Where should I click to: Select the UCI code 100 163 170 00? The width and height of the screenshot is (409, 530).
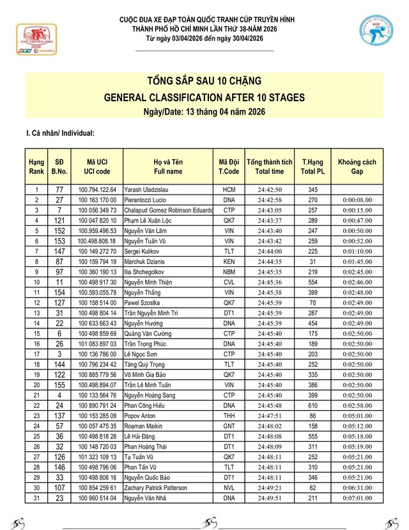pos(97,200)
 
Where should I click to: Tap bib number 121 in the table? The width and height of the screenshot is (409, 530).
pos(59,220)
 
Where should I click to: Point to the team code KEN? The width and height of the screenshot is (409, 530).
pos(229,261)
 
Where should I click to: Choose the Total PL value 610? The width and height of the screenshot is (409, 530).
pos(313,405)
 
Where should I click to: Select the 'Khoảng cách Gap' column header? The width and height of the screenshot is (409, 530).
pos(357,166)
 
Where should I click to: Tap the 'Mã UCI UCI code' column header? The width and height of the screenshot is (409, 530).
pos(97,166)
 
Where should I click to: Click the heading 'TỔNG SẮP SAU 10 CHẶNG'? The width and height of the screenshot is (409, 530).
pos(204,82)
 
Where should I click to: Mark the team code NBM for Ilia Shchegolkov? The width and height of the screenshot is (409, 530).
pos(229,271)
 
